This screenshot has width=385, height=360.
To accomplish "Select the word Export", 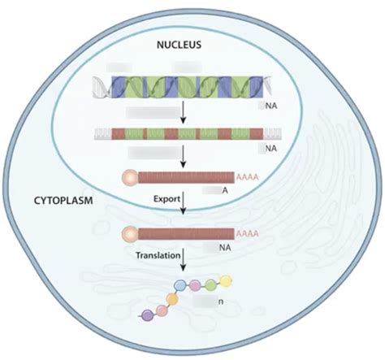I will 166,197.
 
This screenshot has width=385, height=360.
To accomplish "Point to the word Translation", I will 158,255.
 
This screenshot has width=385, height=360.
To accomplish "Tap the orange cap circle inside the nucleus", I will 129,176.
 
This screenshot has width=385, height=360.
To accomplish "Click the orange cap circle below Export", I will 129,234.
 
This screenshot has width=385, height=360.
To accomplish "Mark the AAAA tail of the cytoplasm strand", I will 247,234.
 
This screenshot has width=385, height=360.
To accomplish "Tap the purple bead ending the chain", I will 147,314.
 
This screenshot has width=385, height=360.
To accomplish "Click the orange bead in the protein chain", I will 172,298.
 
